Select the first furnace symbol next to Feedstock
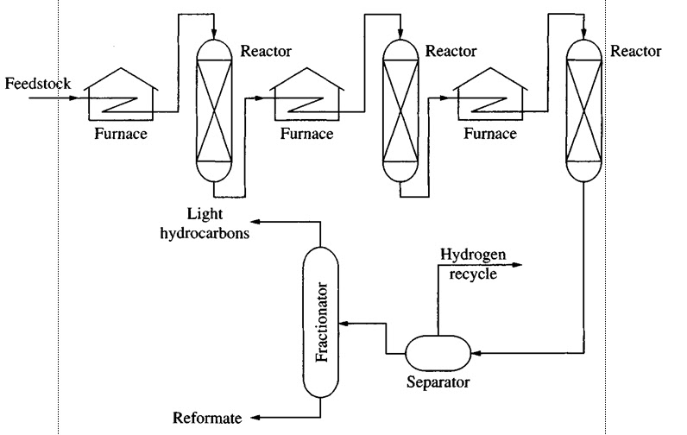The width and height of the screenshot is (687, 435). [123, 94]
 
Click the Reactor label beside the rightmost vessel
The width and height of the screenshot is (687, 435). [635, 51]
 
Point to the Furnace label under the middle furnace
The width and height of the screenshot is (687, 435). [306, 134]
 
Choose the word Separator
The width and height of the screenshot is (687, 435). [438, 381]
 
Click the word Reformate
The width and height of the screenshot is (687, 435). [207, 418]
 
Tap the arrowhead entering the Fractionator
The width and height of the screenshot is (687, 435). [343, 323]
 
